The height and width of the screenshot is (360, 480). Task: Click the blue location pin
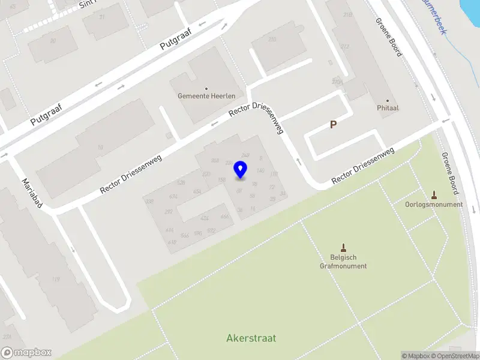pos(241,170)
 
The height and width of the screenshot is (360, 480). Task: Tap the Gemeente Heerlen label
pos(206,96)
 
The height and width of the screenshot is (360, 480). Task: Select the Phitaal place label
pos(388,109)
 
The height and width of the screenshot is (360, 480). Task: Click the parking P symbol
pos(333,125)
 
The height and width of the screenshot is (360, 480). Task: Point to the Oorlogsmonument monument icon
pos(434,195)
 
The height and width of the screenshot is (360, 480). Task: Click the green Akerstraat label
pos(251,338)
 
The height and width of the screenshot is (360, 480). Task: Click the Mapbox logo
pos(26,353)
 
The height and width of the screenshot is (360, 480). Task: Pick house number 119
pos(56,279)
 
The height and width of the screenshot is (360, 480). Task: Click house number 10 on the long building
pos(100,147)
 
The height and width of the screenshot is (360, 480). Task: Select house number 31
pos(101,16)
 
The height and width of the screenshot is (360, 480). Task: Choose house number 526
pos(181,182)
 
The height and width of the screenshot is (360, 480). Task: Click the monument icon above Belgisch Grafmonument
pos(344,248)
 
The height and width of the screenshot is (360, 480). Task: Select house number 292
pos(169,212)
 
